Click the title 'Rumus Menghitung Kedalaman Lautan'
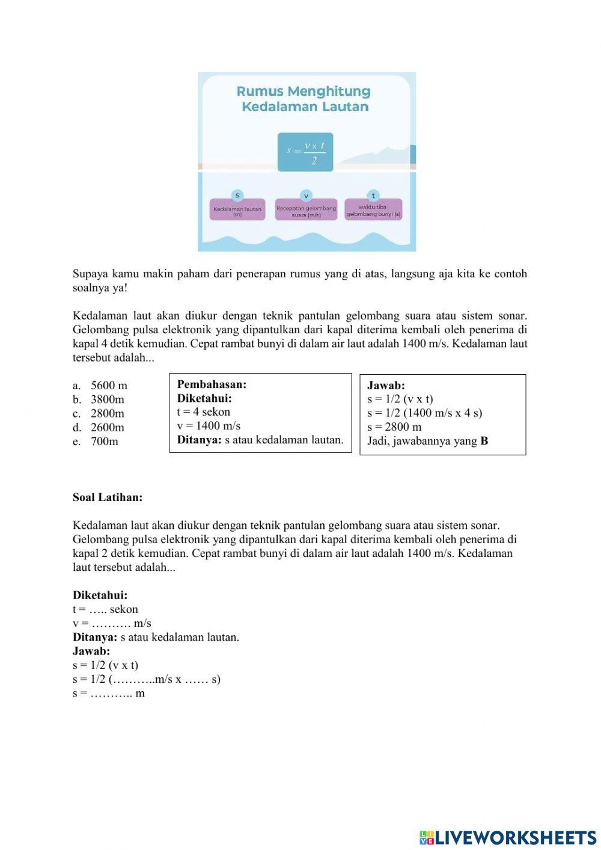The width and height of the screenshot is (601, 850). pos(304,99)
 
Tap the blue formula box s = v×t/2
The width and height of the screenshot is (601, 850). pos(305,152)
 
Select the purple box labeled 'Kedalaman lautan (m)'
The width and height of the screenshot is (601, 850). pos(237,210)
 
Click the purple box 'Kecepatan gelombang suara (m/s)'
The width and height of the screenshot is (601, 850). pos(306,210)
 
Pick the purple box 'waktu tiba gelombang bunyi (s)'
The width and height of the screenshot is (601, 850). pos(373,210)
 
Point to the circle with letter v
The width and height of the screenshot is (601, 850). pos(306,196)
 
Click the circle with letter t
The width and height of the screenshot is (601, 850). pos(373,196)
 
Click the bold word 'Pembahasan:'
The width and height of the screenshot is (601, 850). pos(212,384)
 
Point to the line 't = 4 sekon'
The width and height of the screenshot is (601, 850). pos(204,412)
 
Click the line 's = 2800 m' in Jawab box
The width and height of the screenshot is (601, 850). pos(394,427)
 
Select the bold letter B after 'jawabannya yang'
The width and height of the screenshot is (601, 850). pos(484,441)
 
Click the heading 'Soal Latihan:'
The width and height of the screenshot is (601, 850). pos(108,497)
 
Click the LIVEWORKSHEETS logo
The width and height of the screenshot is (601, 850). pos(508,837)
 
